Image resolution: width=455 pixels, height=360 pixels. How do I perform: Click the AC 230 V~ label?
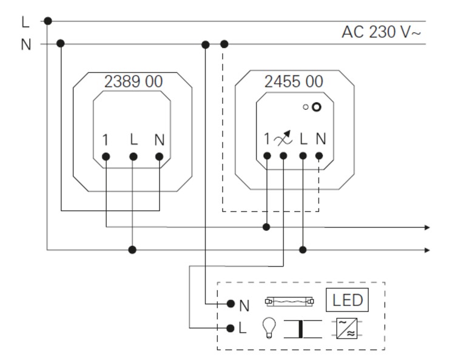click(x=381, y=32)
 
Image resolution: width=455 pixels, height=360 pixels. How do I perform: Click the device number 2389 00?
click(x=133, y=81)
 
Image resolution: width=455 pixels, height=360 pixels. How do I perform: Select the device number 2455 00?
click(x=294, y=81)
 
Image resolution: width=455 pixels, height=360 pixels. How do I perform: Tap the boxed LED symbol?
click(x=347, y=301)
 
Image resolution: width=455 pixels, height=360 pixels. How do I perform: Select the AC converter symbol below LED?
click(x=347, y=328)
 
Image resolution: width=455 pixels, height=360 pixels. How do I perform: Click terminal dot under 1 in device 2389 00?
click(x=106, y=157)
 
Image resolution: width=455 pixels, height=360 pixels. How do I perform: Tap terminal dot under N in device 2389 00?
click(x=160, y=157)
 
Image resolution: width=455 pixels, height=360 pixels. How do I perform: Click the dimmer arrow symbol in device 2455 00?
click(x=283, y=140)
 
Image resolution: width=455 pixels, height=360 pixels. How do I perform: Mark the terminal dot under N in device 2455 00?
click(x=319, y=157)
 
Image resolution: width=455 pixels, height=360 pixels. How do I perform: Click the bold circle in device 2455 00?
click(x=316, y=107)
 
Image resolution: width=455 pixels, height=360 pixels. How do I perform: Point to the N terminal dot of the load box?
click(x=231, y=303)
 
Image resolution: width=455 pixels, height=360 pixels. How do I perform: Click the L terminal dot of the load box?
click(x=231, y=328)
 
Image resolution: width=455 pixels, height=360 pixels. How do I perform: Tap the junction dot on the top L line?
click(x=48, y=21)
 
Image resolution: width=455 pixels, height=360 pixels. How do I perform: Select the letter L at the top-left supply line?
click(x=25, y=21)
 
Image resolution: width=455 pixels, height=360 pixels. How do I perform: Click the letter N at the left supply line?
click(x=25, y=44)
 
